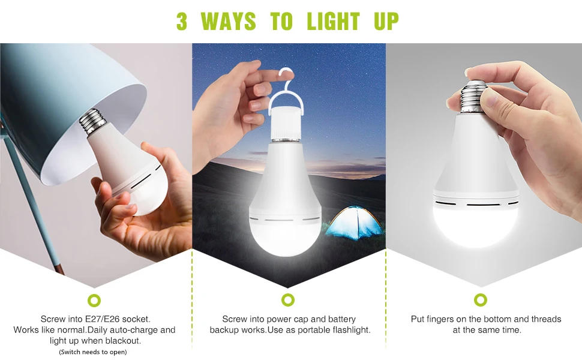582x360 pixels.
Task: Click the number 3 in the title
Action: [x=182, y=22]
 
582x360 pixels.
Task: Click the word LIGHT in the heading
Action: [x=333, y=22]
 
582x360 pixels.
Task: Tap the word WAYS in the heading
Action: [x=233, y=22]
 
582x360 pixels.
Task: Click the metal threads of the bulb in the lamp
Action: [x=92, y=122]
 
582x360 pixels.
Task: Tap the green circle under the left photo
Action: [x=94, y=300]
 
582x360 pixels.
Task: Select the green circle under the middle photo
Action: [x=288, y=300]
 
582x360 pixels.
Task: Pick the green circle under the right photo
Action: [x=480, y=300]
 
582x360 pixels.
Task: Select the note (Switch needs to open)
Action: [x=93, y=352]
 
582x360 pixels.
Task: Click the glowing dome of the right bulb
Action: [x=474, y=225]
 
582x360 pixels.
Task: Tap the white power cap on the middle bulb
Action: [x=287, y=122]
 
